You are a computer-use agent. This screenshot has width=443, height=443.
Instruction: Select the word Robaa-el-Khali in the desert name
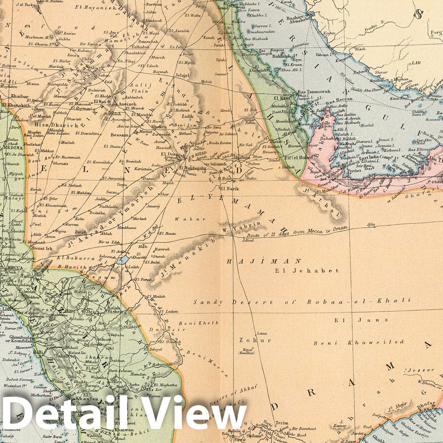(x=358, y=301)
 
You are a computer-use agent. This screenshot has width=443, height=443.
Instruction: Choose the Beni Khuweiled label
(x=358, y=342)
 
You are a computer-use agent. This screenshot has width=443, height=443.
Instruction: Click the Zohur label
(x=248, y=340)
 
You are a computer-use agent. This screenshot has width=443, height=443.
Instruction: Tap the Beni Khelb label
(x=205, y=323)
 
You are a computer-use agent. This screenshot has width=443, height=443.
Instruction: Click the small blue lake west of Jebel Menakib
(x=124, y=260)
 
